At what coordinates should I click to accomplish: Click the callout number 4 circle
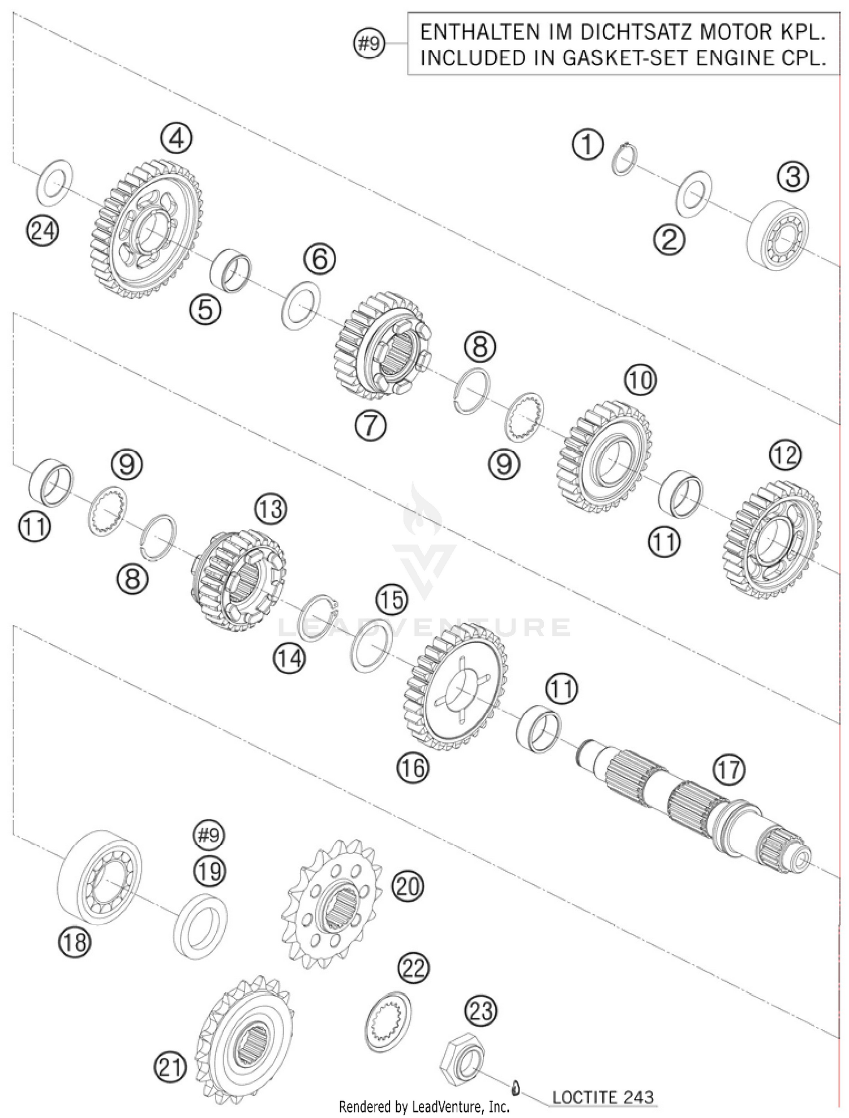[x=176, y=138]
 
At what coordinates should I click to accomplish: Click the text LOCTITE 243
[x=602, y=1097]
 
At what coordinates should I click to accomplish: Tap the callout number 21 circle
[x=170, y=1068]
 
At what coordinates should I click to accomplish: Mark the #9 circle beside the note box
[x=369, y=43]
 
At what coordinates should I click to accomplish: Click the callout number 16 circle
[x=413, y=768]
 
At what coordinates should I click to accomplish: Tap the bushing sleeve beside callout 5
[x=231, y=270]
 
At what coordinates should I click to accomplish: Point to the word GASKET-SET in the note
[x=636, y=58]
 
